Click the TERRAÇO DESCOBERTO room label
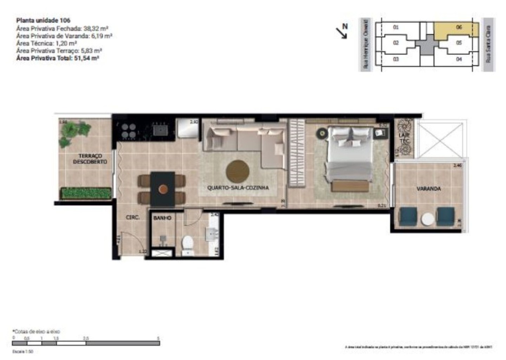tap(90, 159)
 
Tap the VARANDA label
tap(428, 189)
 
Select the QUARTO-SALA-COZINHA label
tap(238, 188)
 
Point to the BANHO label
tap(162, 218)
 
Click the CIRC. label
tap(133, 218)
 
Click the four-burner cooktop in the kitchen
tap(128, 131)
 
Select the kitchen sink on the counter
tap(161, 130)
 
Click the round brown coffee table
tap(238, 171)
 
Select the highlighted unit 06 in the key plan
tap(456, 30)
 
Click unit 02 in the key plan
tap(396, 43)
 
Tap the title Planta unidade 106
tap(43, 20)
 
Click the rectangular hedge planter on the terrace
tap(86, 193)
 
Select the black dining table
tap(162, 189)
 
